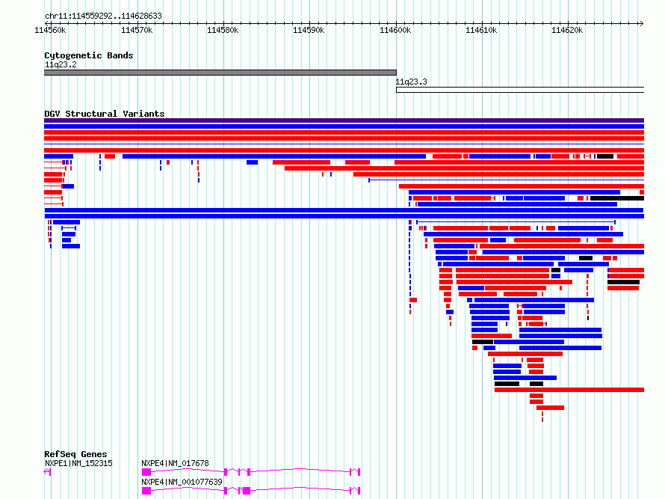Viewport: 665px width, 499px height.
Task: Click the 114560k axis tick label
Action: pos(50,30)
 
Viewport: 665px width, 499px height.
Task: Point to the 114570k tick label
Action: pos(137,30)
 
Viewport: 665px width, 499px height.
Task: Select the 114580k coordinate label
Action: pos(223,30)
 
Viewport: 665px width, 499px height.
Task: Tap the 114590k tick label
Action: pos(309,30)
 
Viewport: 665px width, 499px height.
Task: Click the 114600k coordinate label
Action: pos(395,30)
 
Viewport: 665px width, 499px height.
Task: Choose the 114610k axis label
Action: pos(481,30)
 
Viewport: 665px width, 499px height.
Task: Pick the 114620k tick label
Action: pos(567,30)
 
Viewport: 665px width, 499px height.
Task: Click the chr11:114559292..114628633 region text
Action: pos(103,16)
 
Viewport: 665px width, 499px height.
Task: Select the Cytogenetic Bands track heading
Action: pos(89,55)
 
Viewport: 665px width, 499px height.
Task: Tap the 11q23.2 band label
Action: pos(61,64)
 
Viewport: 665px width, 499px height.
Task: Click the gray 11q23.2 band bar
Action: pos(220,73)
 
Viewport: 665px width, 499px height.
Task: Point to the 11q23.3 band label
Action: pos(412,82)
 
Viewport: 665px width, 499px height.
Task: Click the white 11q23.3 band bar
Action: pos(520,90)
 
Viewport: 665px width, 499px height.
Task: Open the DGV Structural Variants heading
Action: pos(105,114)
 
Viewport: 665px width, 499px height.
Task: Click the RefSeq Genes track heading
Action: pos(75,454)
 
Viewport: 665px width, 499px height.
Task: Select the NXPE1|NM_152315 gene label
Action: pos(78,463)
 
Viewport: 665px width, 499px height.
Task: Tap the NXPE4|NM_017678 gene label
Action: pos(175,463)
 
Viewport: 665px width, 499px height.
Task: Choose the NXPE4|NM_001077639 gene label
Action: pos(182,482)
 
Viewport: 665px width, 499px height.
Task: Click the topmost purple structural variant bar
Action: pos(344,120)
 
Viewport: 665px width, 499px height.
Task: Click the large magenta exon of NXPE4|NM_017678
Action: pos(146,472)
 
